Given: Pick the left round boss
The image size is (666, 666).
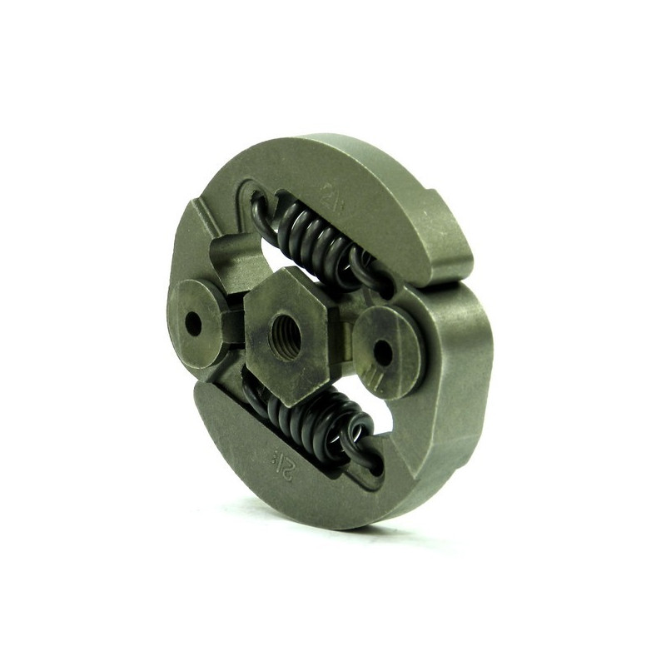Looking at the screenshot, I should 197,312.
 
